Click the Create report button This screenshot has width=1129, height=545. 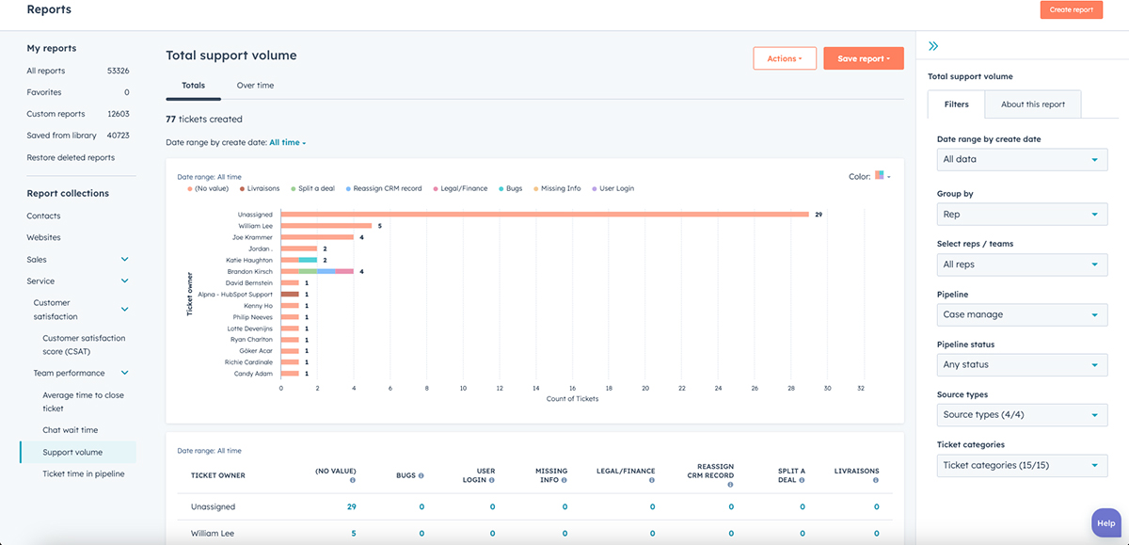[1071, 9]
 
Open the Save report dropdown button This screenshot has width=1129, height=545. [863, 58]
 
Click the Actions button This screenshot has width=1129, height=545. [784, 58]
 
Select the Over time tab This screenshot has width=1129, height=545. [255, 86]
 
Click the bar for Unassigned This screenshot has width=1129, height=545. [545, 215]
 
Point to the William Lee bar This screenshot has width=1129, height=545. [326, 226]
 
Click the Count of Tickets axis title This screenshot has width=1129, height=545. [572, 399]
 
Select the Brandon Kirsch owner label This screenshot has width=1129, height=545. [249, 271]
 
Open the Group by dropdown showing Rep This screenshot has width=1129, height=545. [1022, 215]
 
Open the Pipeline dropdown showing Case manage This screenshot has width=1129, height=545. [1022, 314]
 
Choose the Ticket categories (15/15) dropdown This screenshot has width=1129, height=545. [1022, 465]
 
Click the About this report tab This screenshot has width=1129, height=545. [1032, 104]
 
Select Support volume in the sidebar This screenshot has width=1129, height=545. [72, 452]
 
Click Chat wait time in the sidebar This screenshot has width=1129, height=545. [70, 430]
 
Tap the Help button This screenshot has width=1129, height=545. [1105, 523]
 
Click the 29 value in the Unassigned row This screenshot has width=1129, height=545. [351, 506]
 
